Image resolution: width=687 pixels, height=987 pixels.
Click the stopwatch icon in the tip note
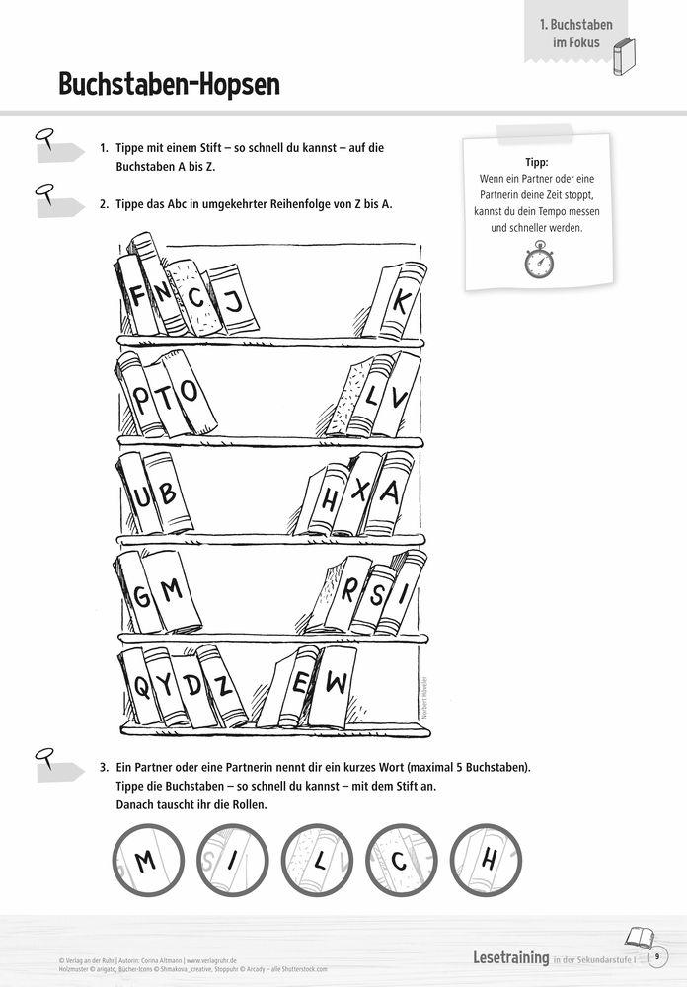pos(539,262)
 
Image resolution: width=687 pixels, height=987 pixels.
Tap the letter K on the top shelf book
pos(399,301)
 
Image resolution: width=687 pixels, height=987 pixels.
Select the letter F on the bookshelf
pos(136,295)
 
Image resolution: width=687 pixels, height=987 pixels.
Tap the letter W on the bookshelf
pos(336,681)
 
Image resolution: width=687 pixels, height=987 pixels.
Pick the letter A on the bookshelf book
pos(389,492)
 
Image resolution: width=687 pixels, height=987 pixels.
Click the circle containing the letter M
pos(145,862)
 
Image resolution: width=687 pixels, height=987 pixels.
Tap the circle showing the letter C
pos(400,862)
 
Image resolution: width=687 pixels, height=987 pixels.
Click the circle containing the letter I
pos(230,862)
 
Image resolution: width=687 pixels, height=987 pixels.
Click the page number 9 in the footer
pos(657,956)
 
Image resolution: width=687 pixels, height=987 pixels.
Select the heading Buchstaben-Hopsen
pos(169,84)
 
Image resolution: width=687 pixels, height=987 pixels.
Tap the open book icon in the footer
pos(639,937)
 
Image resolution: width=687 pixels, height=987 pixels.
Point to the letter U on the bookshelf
pos(141,493)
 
